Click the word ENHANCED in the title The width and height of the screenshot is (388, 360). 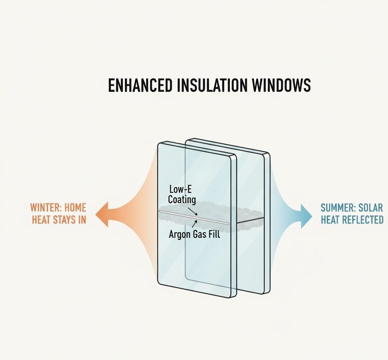[133, 86]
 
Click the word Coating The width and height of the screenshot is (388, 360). [182, 199]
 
